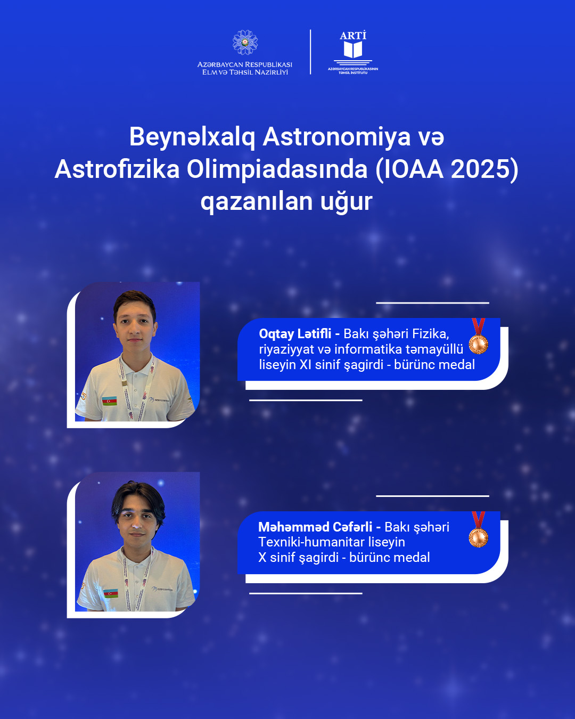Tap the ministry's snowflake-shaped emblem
pos(245,43)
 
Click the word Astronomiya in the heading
pos(337,137)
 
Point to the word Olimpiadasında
pos(277,169)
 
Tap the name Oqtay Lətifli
pos(295,334)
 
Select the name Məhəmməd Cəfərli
pos(315,527)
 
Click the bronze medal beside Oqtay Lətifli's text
pos(478,342)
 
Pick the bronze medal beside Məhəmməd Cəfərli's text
pos(478,535)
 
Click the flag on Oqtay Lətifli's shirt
pos(110,401)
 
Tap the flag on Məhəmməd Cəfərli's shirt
pos(111,593)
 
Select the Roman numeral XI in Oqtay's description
pos(306,365)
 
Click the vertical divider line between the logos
pos(310,52)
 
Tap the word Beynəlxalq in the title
pos(192,137)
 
